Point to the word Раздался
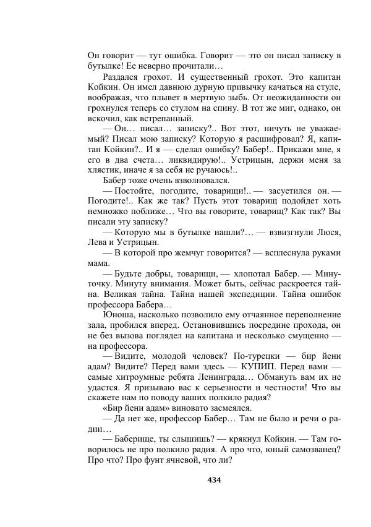pyautogui.click(x=122, y=77)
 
